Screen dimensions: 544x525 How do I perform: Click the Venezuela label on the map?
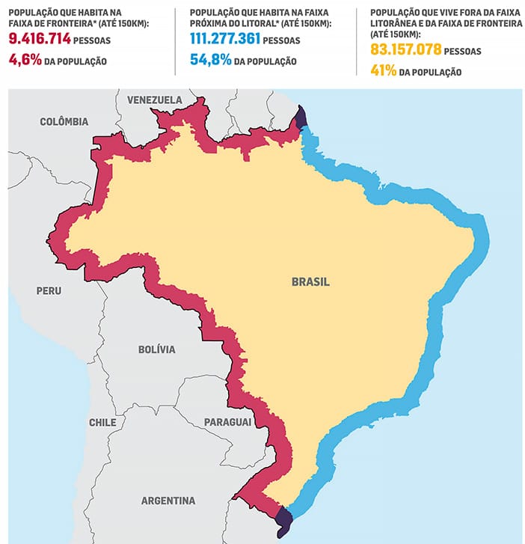click(154, 100)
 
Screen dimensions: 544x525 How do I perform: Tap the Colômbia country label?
click(64, 121)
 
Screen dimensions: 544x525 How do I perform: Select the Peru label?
click(49, 290)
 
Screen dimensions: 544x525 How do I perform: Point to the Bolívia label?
click(156, 349)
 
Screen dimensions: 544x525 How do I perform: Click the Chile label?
click(102, 422)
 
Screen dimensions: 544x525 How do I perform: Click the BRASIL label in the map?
click(310, 282)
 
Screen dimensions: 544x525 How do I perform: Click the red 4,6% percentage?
click(25, 61)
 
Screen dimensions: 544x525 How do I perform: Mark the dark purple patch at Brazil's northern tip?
click(300, 117)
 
